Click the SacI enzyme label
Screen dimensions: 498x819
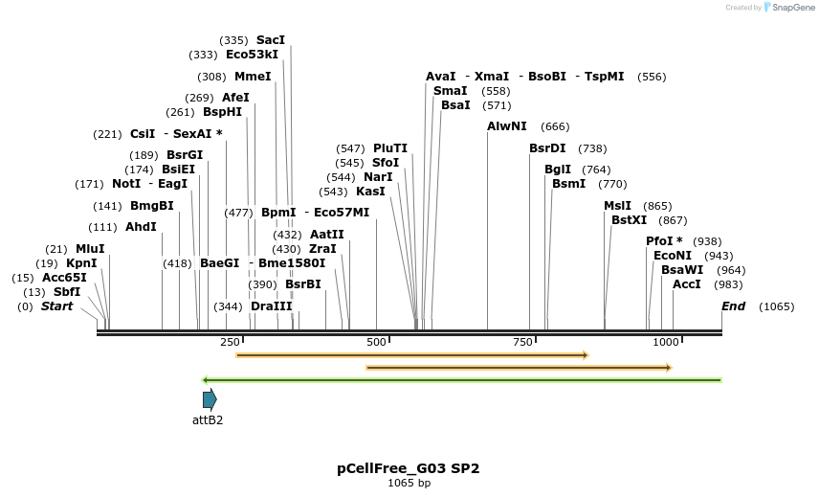(271, 40)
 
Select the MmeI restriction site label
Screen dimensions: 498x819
(253, 77)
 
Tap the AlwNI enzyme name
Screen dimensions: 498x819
(507, 126)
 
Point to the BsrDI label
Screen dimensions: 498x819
(548, 148)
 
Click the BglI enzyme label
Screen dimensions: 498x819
(558, 170)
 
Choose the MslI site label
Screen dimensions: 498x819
(617, 206)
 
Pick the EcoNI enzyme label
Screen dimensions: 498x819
(673, 256)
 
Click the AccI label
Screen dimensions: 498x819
(687, 284)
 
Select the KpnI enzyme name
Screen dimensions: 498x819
(81, 263)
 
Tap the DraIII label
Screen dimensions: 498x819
(272, 306)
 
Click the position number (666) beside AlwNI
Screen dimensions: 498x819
(555, 126)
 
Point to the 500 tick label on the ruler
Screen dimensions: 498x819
(376, 343)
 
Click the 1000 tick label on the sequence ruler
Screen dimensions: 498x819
(665, 343)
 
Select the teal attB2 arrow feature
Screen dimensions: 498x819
(210, 399)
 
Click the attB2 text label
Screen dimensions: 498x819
(208, 419)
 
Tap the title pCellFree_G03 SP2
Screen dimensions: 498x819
(409, 468)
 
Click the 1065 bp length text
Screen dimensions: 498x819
(409, 483)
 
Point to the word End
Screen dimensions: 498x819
(733, 306)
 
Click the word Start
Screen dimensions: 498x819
(56, 306)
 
